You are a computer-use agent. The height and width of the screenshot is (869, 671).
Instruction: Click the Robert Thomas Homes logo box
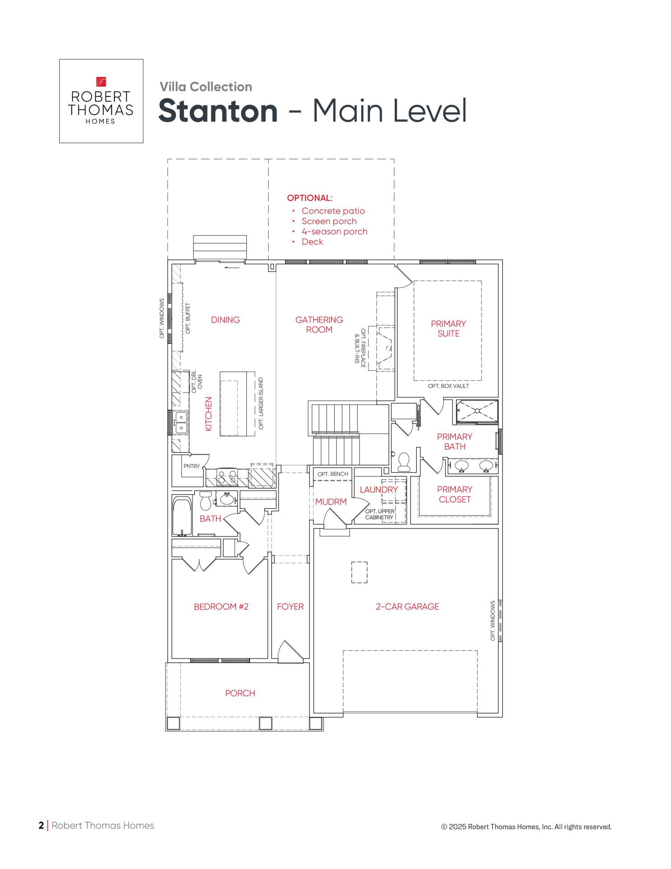pos(101,101)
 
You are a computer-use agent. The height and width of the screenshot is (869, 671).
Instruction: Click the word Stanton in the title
pos(218,111)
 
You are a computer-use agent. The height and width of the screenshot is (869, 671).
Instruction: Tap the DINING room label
pos(226,320)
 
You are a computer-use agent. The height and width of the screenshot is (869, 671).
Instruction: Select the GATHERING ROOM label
pos(319,325)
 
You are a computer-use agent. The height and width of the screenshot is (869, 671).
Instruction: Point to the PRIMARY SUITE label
pos(449,329)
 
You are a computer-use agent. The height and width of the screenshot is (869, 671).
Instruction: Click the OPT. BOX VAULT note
pos(449,386)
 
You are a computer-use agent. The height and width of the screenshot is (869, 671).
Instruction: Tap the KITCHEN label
pos(208,414)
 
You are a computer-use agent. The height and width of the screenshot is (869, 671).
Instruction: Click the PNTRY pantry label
pos(192,466)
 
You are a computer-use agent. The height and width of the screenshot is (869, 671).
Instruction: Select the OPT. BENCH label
pos(333,474)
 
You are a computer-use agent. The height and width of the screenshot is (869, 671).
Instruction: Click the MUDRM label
pos(331,502)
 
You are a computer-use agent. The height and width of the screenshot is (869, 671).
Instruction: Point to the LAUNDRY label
pos(379,490)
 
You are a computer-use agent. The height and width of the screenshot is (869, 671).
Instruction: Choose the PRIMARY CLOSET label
pos(454,495)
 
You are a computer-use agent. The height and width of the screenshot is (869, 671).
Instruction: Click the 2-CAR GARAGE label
pos(407,607)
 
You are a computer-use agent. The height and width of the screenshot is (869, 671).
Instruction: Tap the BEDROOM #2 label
pos(221,607)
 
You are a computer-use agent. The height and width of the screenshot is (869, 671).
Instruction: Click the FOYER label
pos(290,607)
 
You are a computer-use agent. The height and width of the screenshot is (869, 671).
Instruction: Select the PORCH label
pos(240,693)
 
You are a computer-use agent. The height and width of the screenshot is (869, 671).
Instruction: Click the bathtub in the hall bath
pos(182,516)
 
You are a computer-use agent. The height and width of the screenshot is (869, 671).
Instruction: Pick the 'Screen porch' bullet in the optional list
pos(329,221)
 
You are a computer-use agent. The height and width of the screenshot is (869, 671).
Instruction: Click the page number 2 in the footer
pos(41,826)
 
